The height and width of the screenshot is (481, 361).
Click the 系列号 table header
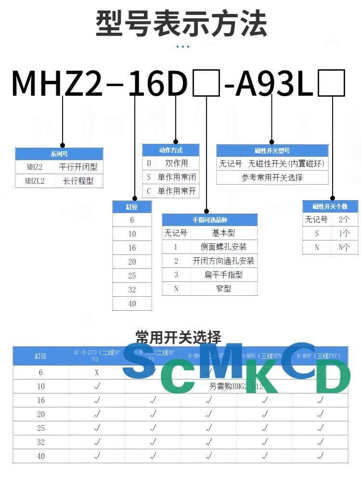tap(59, 154)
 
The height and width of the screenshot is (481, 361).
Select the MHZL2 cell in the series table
tap(35, 181)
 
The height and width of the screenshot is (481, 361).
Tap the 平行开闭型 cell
tap(78, 167)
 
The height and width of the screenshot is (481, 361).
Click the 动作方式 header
tap(170, 150)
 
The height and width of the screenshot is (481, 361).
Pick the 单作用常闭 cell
tap(177, 177)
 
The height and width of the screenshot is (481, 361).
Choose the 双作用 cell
tap(177, 164)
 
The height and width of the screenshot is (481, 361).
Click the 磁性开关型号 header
tap(272, 151)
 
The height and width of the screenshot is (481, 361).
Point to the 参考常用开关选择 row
tap(272, 177)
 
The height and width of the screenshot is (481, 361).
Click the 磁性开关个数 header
tap(330, 206)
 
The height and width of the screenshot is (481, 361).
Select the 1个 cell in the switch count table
tap(344, 233)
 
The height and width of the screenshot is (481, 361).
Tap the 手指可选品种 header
tap(209, 220)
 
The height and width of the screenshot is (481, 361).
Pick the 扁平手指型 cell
tap(223, 275)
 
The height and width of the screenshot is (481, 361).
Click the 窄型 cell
tap(223, 289)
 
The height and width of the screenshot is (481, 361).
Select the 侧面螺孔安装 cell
tap(223, 247)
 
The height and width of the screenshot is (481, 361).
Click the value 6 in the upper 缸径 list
tap(132, 220)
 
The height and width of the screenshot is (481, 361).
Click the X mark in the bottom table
tap(97, 372)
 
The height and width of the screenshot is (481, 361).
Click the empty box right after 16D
tap(206, 83)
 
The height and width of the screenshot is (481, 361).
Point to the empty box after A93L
tap(332, 83)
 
